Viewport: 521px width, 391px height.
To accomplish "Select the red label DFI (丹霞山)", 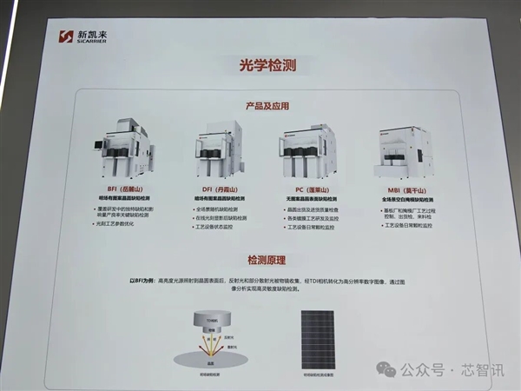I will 214,188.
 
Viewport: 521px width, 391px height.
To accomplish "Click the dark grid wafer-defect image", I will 320,334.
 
